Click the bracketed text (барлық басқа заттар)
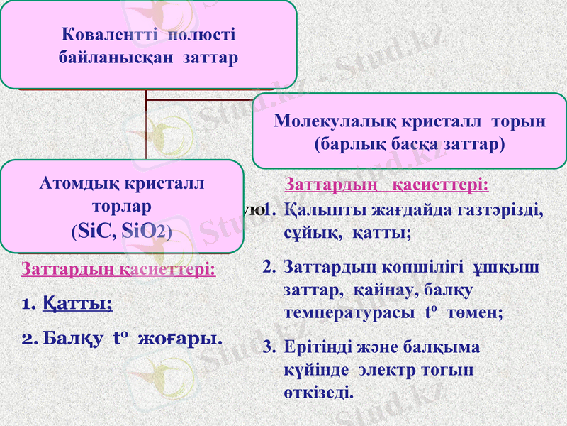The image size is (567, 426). click(410, 144)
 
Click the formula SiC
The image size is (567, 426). click(94, 230)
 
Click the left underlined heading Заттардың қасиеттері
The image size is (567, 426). click(119, 270)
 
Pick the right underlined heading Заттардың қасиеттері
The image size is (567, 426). click(386, 185)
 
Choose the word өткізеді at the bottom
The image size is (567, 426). click(316, 392)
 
